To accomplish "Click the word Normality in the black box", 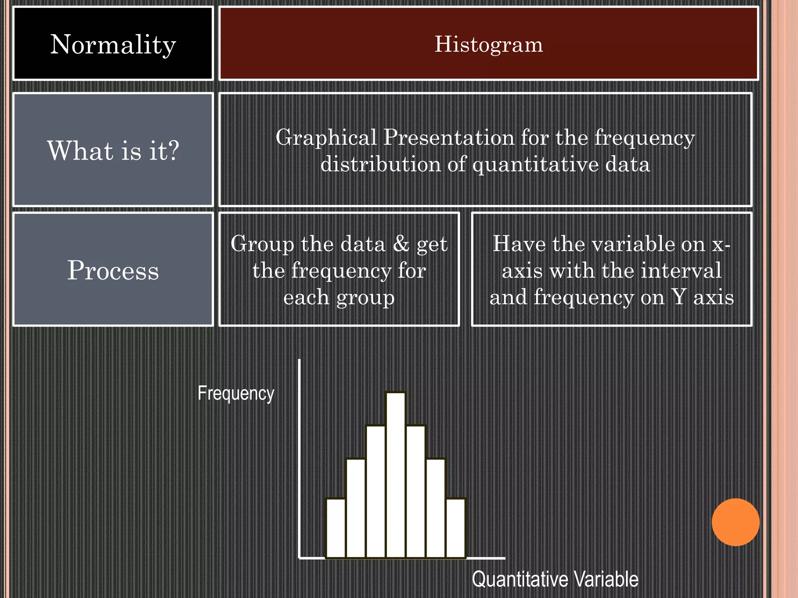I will pos(113,44).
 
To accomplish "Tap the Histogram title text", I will pos(489,44).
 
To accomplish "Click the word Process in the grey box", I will pos(113,270).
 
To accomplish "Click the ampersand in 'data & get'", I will pos(401,244).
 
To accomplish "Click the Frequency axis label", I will pos(236,393).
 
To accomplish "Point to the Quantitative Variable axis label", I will pos(555,579).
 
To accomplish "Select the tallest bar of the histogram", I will pos(396,475).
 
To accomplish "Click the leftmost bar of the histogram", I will pos(336,528).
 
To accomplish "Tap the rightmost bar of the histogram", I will pos(456,528).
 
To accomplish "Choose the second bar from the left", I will pos(356,508).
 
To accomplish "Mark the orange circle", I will pos(735,522).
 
